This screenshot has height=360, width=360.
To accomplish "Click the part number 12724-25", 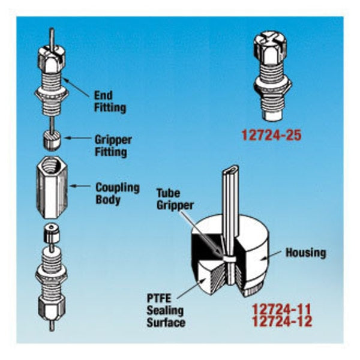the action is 272,135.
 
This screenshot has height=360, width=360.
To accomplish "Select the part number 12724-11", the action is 282,309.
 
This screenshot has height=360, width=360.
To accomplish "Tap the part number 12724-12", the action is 282,321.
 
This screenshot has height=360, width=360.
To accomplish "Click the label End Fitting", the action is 110,101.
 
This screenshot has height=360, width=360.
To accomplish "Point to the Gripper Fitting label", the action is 113,146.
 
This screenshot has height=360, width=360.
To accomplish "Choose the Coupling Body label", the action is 118,193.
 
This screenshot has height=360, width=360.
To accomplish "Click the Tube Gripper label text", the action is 175,199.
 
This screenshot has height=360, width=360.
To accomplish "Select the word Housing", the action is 305,253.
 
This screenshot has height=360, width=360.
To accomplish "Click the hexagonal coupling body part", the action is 52,187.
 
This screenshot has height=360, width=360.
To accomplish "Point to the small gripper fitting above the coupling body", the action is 52,140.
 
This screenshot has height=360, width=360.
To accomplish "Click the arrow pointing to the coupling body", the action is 80,185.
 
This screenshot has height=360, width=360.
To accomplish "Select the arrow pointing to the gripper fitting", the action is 77,138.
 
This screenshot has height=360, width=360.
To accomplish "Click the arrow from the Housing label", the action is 271,255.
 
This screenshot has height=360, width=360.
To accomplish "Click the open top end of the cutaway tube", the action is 230,170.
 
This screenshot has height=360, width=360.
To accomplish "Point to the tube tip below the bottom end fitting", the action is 52,326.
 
